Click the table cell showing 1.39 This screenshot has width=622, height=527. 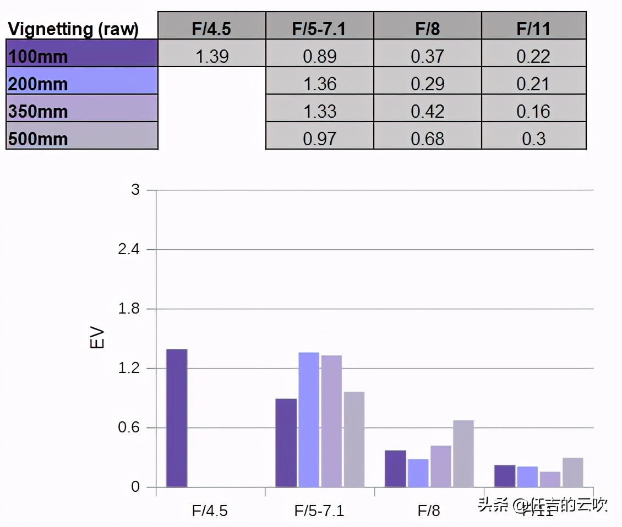[x=212, y=56]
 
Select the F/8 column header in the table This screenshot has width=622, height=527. [x=427, y=28]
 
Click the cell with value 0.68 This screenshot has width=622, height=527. [x=427, y=138]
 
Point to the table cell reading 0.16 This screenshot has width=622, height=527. [x=533, y=111]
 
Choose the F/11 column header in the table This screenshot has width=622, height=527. [x=533, y=28]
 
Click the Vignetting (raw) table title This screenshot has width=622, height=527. [x=73, y=29]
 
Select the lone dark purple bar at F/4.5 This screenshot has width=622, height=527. [x=177, y=418]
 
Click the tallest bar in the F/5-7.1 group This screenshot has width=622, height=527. [x=309, y=420]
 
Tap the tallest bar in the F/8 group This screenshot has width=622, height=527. [x=463, y=454]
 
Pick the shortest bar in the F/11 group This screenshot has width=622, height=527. [x=550, y=479]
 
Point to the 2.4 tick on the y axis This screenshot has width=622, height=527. [x=129, y=250]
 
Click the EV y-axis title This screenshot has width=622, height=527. [x=97, y=339]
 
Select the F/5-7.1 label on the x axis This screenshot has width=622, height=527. [x=319, y=511]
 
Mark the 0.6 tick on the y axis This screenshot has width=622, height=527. [x=129, y=428]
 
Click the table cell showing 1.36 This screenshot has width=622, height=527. [x=319, y=84]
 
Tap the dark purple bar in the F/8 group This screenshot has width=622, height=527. [x=395, y=469]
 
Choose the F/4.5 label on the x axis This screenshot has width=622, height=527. [x=210, y=511]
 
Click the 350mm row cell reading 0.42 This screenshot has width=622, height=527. [x=427, y=111]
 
